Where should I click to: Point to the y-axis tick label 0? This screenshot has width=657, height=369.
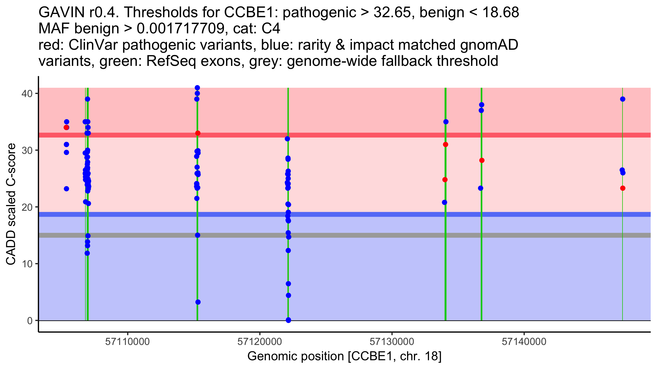point(30,321)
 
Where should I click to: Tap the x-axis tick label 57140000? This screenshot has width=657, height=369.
point(524,342)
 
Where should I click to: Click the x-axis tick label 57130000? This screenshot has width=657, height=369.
point(392,342)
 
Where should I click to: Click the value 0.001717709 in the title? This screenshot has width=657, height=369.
point(180,29)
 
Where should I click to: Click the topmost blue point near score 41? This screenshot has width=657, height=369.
point(197,88)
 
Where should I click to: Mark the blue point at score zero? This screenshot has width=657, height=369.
point(288,320)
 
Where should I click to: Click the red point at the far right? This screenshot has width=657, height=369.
point(623,188)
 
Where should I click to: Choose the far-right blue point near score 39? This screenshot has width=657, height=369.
point(623,99)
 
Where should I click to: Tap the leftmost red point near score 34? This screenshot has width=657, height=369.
point(66,127)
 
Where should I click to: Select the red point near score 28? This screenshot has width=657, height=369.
point(482,160)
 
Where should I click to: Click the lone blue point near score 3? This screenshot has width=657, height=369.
point(198,302)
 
